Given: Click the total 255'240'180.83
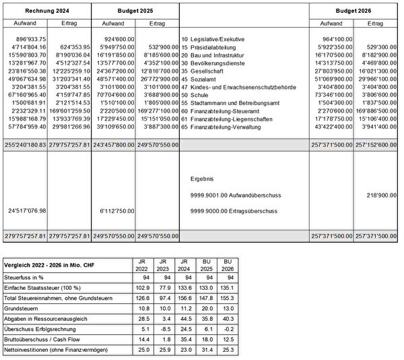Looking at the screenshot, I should [x=26, y=144].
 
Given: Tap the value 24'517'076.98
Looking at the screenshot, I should [x=26, y=211].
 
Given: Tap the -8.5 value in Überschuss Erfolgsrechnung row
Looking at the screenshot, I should [x=162, y=329].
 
